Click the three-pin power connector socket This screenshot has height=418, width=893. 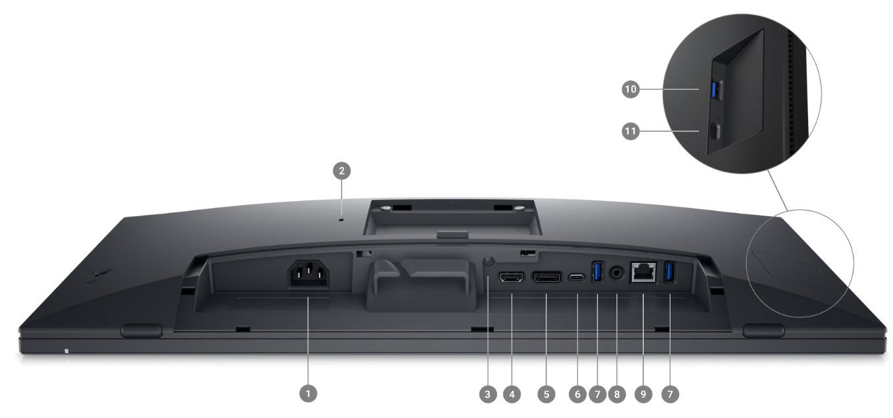[308, 275]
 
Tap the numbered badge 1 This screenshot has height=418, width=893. [308, 394]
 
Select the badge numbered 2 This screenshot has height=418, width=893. [341, 172]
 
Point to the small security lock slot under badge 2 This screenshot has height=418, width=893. [341, 220]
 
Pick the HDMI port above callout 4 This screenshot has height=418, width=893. [512, 278]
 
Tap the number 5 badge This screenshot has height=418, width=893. [546, 394]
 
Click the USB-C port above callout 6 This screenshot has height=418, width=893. [577, 277]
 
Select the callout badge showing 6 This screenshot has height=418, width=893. [577, 394]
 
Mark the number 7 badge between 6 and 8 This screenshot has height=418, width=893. [597, 394]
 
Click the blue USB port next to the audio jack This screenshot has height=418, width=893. [597, 272]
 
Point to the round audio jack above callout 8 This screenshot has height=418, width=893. [617, 271]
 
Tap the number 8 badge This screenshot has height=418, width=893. [617, 394]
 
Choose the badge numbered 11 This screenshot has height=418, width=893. [631, 131]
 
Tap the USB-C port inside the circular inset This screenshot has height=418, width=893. [715, 131]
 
